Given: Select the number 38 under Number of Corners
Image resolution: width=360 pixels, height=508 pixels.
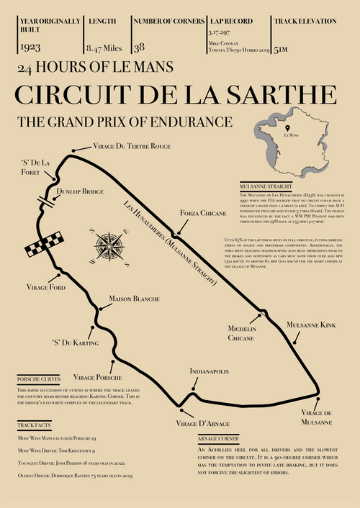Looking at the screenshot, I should click(139, 47).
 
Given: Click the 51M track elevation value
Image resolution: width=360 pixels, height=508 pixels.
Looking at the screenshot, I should click(282, 48).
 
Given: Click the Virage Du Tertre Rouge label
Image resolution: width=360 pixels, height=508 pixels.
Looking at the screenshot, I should click(132, 146).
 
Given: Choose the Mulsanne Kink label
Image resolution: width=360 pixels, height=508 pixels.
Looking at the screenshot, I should click(311, 325).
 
